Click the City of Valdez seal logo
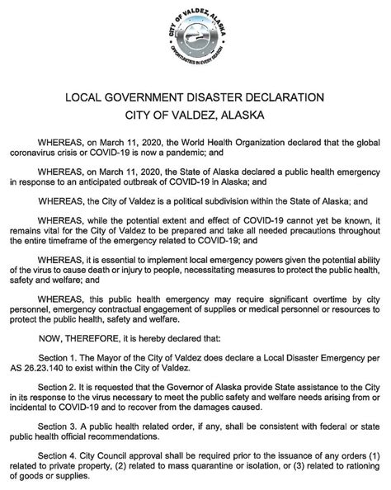195,37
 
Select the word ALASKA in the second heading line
247,116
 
